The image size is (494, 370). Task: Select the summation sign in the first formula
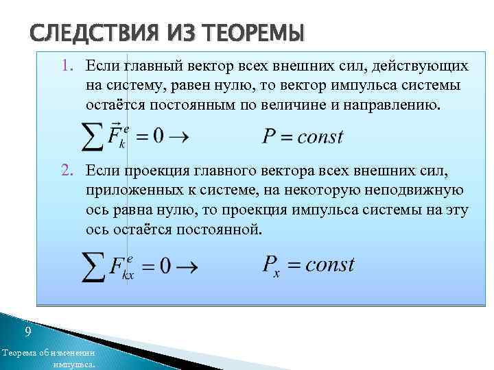tap(93, 136)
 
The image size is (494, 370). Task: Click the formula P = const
tap(303, 136)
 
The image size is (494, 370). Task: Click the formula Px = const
tap(308, 265)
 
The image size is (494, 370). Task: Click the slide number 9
tap(27, 332)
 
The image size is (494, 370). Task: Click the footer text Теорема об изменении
tap(48, 352)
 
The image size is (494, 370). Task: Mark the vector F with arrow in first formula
tap(117, 134)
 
